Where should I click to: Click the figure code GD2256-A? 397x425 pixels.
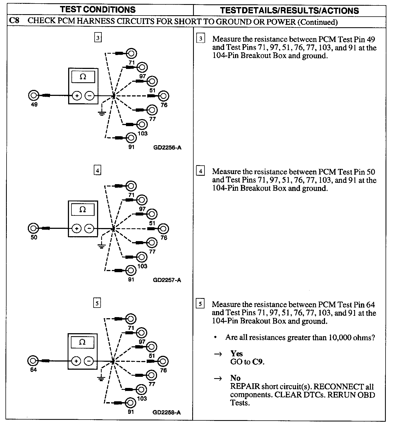[x=167, y=148]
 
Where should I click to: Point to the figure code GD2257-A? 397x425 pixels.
[x=167, y=280]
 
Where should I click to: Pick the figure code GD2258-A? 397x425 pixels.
[x=167, y=412]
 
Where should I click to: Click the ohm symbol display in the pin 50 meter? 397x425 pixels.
[x=83, y=210]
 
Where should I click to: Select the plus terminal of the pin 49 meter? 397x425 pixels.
[x=77, y=96]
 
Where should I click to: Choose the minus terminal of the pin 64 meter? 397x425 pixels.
[x=89, y=361]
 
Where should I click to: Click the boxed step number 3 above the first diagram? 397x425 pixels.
[x=97, y=38]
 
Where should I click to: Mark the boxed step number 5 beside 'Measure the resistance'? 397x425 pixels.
[x=200, y=303]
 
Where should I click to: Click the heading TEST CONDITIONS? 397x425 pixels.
[x=98, y=10]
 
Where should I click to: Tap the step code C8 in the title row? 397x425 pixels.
[x=14, y=21]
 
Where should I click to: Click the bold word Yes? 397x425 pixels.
[x=236, y=354]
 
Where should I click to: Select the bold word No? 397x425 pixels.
[x=235, y=378]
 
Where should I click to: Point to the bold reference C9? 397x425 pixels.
[x=258, y=362]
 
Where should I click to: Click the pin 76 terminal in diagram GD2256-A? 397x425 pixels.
[x=164, y=96]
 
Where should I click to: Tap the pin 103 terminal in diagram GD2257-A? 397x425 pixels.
[x=142, y=257]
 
